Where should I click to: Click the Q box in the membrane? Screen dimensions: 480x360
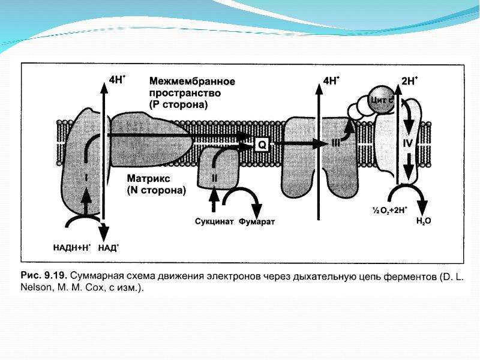click(262, 145)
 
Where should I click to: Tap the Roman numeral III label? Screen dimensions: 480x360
click(337, 143)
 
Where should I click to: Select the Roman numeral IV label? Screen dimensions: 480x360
click(407, 143)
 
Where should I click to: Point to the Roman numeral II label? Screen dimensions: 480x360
click(214, 178)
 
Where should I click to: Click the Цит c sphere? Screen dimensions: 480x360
click(382, 100)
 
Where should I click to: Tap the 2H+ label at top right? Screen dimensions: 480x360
click(410, 81)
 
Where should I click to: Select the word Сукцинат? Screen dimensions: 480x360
click(214, 221)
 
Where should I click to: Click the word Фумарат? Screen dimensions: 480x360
click(257, 221)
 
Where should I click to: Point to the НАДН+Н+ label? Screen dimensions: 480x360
click(72, 247)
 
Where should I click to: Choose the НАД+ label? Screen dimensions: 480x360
click(109, 247)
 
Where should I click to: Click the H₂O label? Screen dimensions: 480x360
click(424, 221)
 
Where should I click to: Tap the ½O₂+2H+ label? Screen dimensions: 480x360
click(389, 210)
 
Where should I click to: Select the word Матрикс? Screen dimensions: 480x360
click(148, 178)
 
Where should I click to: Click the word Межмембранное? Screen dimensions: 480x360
click(192, 82)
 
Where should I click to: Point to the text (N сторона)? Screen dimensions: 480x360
click(157, 190)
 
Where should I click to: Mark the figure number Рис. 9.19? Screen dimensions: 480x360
click(44, 275)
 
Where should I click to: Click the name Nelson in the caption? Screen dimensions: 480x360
click(35, 288)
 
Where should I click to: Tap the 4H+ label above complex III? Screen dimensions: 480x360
click(332, 81)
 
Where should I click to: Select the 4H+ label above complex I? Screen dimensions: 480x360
click(117, 79)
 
